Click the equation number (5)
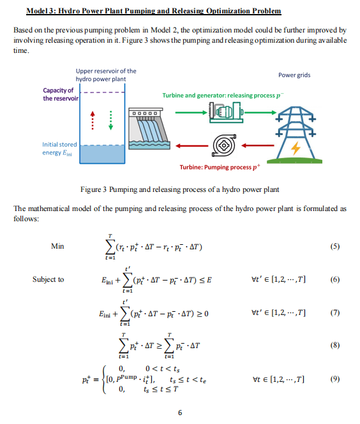point(335,246)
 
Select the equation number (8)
point(335,345)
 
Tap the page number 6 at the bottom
point(180,413)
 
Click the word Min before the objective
point(57,246)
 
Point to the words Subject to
point(48,279)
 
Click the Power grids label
point(294,75)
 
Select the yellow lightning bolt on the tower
point(296,148)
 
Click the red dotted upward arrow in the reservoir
point(93,121)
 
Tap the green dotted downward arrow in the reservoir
point(110,121)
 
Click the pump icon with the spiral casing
point(224,145)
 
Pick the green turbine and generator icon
point(226,112)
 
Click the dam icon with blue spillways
point(149,129)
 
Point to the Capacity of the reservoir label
point(61,94)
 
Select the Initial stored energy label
point(59,149)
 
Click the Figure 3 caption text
point(180,189)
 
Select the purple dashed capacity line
point(103,92)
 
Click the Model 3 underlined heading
point(154,11)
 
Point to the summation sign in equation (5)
point(110,247)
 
